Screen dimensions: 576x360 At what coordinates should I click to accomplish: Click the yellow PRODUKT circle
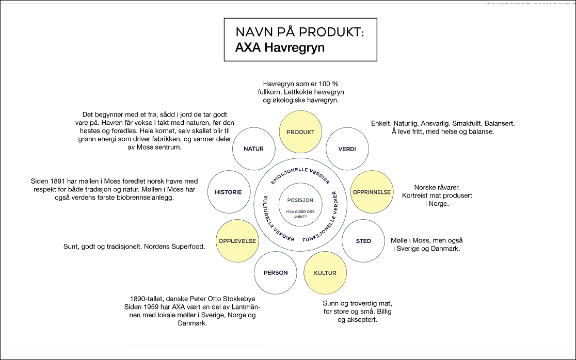300,132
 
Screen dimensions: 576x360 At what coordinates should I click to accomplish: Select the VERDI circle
347,149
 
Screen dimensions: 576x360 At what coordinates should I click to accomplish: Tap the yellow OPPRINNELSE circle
372,192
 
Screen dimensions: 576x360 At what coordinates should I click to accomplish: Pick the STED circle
363,241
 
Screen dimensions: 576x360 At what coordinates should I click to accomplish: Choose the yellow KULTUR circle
325,273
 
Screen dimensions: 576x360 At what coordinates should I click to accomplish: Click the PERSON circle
276,273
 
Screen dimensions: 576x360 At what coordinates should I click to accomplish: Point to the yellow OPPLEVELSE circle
237,241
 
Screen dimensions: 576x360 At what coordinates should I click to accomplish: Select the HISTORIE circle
228,192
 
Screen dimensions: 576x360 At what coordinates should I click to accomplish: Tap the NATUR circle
253,149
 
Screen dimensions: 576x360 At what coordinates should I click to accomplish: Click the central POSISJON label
300,200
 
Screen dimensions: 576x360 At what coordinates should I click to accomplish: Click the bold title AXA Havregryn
280,48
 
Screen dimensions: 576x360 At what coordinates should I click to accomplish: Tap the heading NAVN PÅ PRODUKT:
299,32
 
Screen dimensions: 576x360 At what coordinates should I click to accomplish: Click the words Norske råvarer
437,188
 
